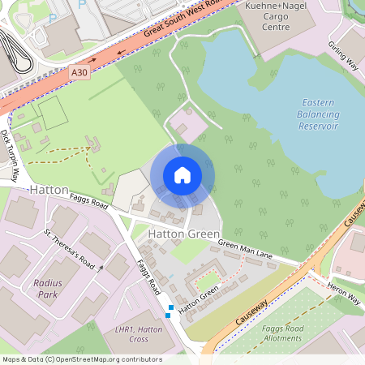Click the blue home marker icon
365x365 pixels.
pos(182,174)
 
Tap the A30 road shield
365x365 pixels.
pos(79,72)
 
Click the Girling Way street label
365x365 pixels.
pos(343,55)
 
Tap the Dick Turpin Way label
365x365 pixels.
pos(11,154)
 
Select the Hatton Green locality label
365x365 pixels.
pos(184,234)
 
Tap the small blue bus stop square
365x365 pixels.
pos(169,315)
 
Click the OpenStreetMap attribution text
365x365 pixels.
pos(82,359)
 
